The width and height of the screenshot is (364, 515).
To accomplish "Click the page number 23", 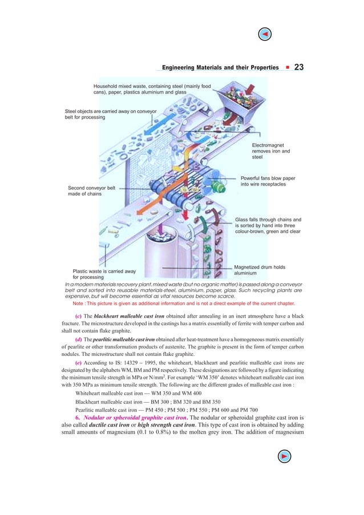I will [298, 67].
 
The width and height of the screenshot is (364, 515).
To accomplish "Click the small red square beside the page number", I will [286, 68].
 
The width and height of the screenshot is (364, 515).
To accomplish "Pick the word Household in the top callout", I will [108, 86].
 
